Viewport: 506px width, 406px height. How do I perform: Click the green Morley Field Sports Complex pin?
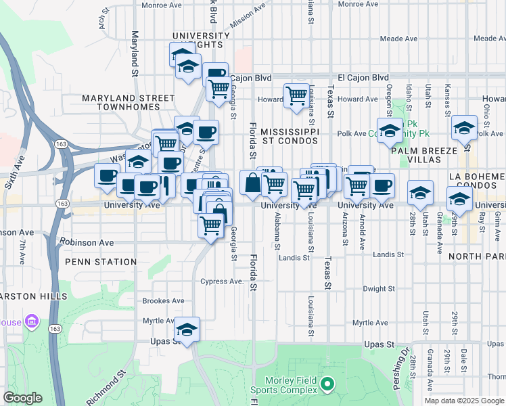(327, 384)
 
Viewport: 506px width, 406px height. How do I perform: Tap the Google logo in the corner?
(22, 398)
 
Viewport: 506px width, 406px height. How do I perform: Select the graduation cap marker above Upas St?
(187, 329)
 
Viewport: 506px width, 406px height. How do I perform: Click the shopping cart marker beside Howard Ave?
(296, 97)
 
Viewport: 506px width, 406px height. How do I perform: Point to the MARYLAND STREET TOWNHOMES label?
(129, 102)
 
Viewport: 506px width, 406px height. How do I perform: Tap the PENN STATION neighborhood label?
(101, 261)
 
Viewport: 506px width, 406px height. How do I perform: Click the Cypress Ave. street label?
(222, 281)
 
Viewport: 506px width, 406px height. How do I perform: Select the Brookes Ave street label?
(163, 301)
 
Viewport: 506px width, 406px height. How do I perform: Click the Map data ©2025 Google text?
(464, 401)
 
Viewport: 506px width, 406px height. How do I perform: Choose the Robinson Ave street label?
(87, 241)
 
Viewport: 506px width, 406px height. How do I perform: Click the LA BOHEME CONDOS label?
(476, 181)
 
